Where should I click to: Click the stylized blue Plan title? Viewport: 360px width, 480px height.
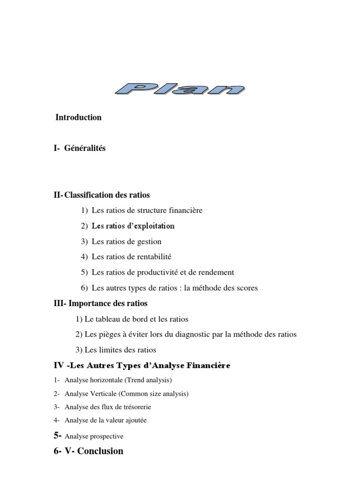pyautogui.click(x=180, y=89)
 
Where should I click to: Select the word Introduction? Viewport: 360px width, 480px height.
pyautogui.click(x=78, y=118)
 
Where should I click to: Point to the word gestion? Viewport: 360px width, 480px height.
pyautogui.click(x=148, y=242)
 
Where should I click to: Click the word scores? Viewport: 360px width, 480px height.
pyautogui.click(x=247, y=288)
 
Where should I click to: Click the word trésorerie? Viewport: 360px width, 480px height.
pyautogui.click(x=135, y=407)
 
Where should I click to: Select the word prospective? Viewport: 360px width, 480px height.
pyautogui.click(x=108, y=436)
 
